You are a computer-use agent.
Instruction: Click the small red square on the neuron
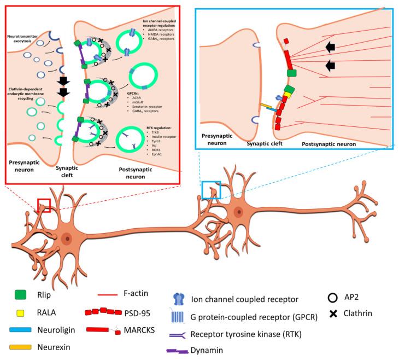(44, 205)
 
